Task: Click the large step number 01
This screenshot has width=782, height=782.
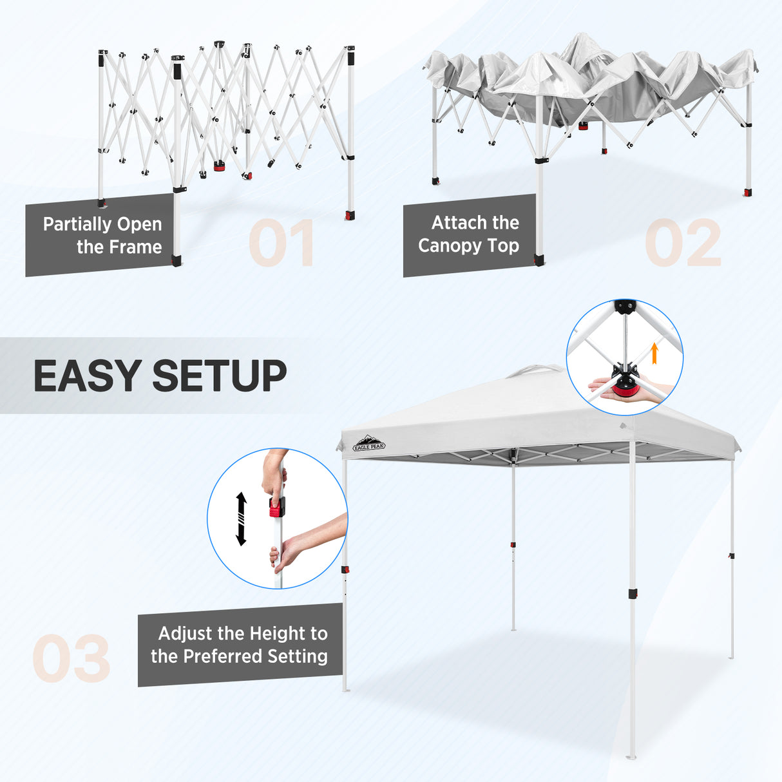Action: click(281, 243)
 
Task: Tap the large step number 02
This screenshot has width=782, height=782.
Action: click(683, 243)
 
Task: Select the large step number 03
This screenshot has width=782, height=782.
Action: click(72, 658)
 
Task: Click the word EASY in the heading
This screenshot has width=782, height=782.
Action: click(87, 376)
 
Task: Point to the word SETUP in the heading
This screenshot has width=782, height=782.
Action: click(220, 376)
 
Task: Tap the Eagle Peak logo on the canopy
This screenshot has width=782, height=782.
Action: click(370, 444)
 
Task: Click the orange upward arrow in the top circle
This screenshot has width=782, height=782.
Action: click(654, 353)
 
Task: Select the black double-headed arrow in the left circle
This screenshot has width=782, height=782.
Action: click(241, 519)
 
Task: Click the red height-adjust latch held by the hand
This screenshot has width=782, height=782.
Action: click(277, 507)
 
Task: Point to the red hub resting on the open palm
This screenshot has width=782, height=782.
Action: click(623, 388)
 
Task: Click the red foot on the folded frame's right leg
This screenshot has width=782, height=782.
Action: click(350, 215)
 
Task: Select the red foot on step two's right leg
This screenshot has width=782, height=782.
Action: click(748, 193)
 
